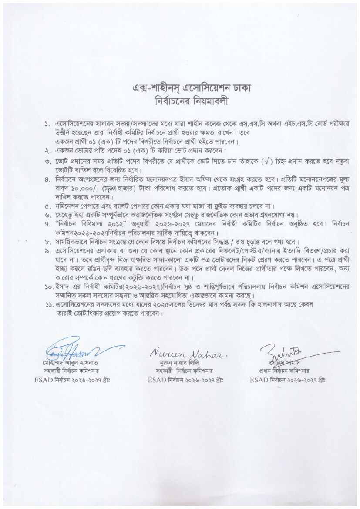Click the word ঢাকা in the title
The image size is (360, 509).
[x=241, y=88]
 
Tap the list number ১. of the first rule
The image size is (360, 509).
[x=47, y=125]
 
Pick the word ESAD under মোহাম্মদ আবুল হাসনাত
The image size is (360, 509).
[x=43, y=380]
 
